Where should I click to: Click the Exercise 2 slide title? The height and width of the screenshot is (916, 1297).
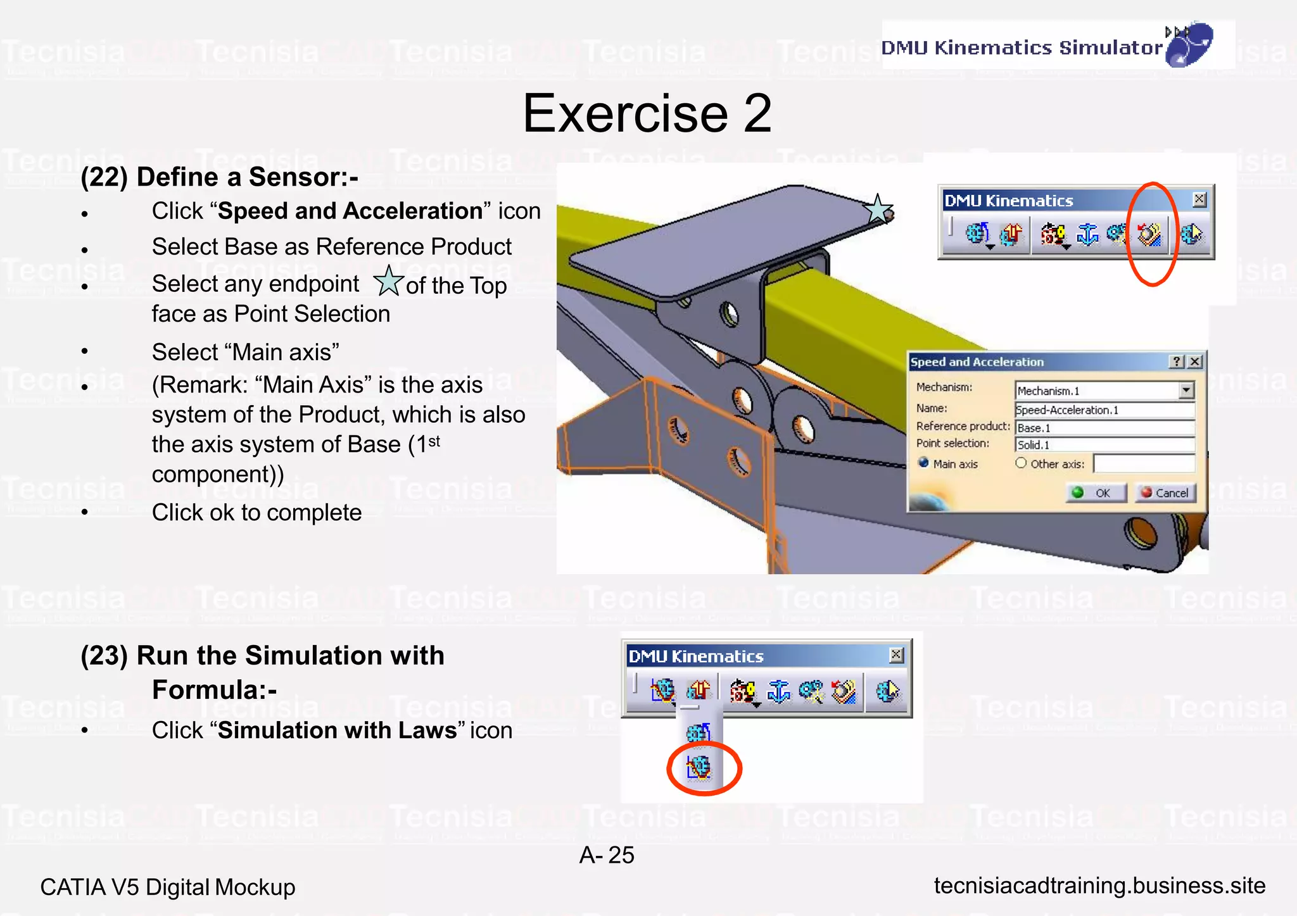click(x=647, y=113)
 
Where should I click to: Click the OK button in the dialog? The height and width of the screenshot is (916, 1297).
click(x=1097, y=493)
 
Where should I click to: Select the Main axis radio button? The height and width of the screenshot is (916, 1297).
click(x=924, y=463)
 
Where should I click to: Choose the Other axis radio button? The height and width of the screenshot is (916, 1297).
click(x=1021, y=463)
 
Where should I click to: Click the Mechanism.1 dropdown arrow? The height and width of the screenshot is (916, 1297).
click(x=1186, y=391)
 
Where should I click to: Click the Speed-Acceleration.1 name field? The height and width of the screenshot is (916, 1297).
click(x=1104, y=410)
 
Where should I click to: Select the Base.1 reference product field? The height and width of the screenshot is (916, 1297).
click(x=1104, y=428)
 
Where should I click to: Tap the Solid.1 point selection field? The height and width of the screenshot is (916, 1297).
click(x=1104, y=445)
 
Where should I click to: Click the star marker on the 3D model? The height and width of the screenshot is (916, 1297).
click(x=878, y=210)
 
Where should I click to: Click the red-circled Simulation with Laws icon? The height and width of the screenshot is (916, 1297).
click(x=699, y=768)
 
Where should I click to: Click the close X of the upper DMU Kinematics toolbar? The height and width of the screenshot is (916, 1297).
click(x=1199, y=200)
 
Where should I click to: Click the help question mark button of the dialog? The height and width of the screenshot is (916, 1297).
click(x=1176, y=361)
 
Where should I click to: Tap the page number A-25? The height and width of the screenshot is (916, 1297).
click(x=606, y=855)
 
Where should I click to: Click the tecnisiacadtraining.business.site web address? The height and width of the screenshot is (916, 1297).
click(x=1099, y=886)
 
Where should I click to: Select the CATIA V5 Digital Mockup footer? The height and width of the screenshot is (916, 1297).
click(x=168, y=888)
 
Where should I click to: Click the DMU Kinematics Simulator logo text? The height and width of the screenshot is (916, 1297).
click(x=1022, y=47)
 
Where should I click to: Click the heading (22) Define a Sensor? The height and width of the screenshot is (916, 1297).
click(x=219, y=177)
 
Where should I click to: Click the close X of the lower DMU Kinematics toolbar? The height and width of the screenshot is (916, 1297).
click(x=896, y=655)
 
